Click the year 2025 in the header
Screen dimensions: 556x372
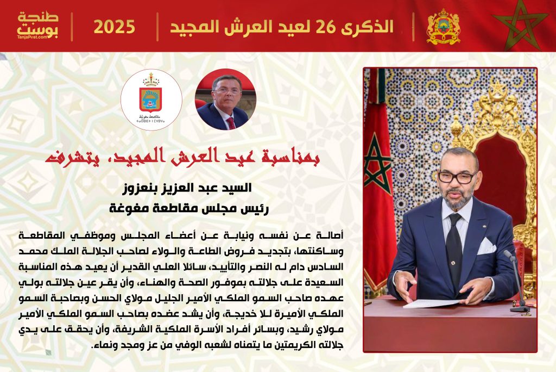tap(114, 27)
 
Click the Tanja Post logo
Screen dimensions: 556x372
tap(37, 26)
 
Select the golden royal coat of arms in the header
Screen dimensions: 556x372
tap(443, 27)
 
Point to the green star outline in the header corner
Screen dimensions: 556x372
tap(520, 25)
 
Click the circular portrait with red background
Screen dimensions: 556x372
tap(225, 99)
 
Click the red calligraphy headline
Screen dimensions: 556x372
tap(182, 157)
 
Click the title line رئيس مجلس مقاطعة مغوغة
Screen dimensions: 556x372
tap(189, 208)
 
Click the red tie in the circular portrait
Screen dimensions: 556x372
tap(231, 122)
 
